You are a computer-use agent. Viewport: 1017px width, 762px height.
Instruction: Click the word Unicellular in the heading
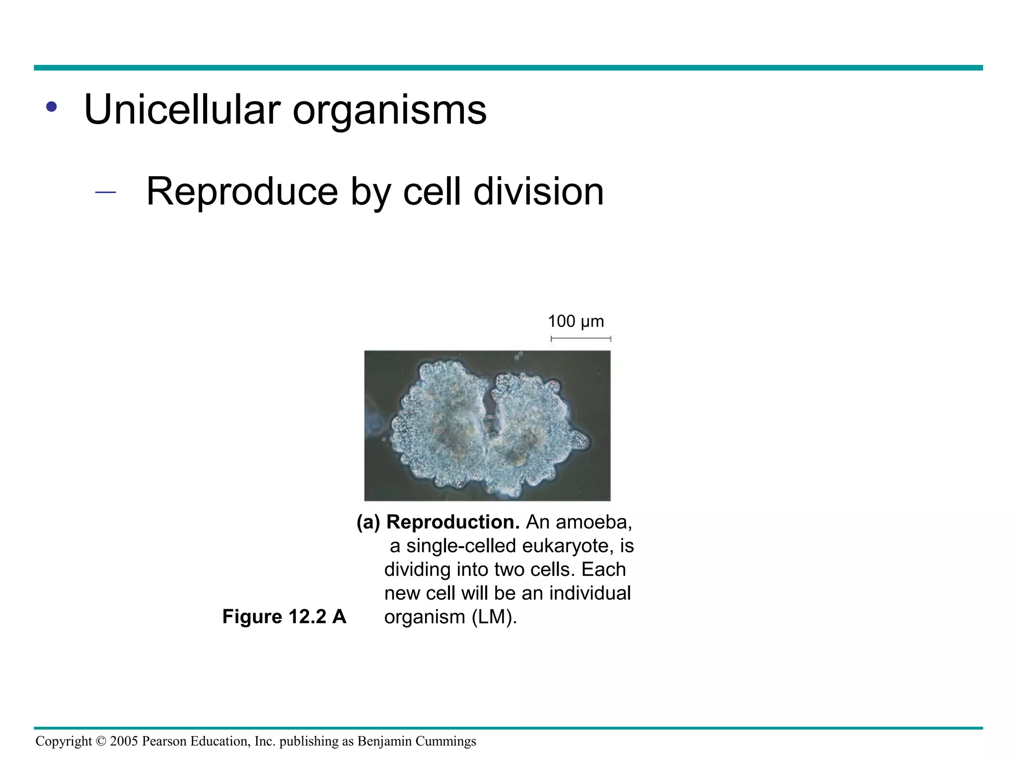click(182, 110)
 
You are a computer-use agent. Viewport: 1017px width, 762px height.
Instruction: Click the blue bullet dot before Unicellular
click(51, 107)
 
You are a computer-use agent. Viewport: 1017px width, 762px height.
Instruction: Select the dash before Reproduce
click(105, 192)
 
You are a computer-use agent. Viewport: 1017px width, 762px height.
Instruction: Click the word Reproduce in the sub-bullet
click(242, 191)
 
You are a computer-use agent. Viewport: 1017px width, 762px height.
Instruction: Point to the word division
click(538, 191)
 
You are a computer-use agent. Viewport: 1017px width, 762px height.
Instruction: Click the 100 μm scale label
click(576, 321)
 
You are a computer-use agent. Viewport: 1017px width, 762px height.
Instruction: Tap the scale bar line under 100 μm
click(581, 339)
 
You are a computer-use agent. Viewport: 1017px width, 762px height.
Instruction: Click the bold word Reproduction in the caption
click(453, 522)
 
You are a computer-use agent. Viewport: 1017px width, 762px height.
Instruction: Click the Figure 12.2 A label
click(284, 617)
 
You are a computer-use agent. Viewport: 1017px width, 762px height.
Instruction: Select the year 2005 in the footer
click(124, 741)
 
